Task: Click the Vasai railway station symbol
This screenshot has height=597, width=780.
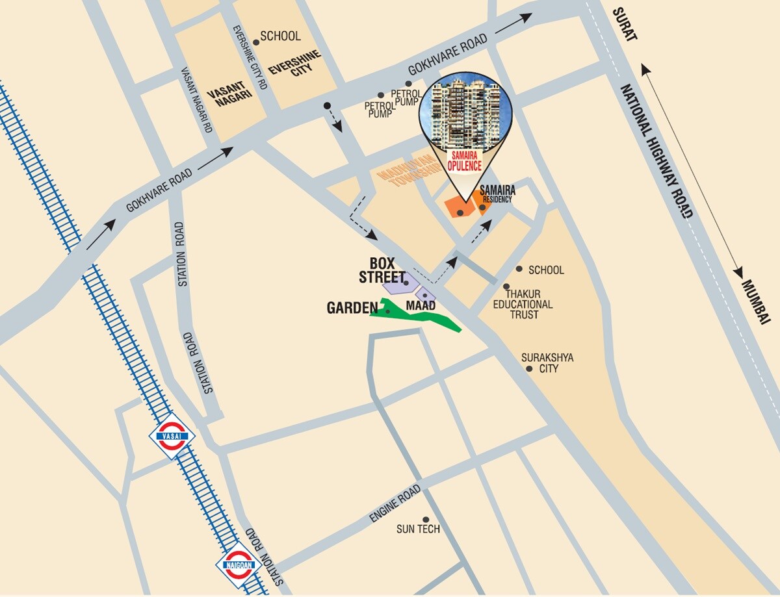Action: point(172,437)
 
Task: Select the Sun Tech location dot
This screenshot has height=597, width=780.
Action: point(426,520)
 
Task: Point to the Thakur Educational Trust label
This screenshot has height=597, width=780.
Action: point(523,304)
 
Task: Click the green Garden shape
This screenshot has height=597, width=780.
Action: point(416,316)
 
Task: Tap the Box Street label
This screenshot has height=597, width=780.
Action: point(382,270)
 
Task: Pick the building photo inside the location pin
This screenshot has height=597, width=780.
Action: point(464,110)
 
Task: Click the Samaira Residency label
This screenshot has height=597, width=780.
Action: point(497,194)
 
